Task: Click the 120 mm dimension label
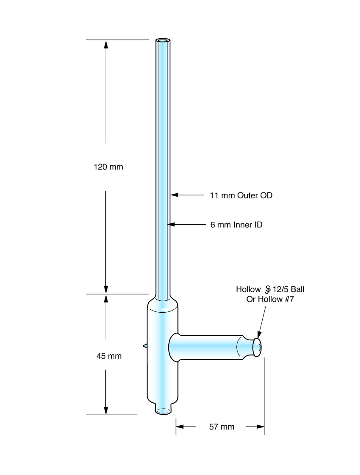click(x=108, y=167)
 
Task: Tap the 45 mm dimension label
click(x=109, y=356)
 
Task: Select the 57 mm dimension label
click(x=221, y=427)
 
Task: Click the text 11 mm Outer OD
click(x=241, y=195)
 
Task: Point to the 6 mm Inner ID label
click(x=236, y=225)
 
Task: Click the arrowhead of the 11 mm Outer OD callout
click(x=174, y=195)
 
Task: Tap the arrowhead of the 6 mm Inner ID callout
click(x=171, y=224)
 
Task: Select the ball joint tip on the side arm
click(x=257, y=347)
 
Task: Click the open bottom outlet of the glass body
click(x=163, y=411)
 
